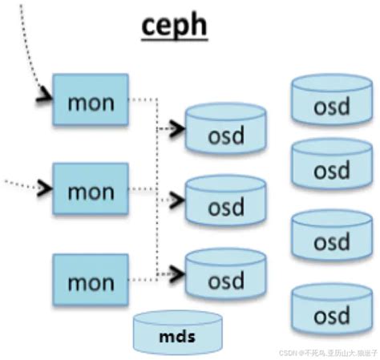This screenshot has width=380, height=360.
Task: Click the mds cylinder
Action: pos(176,330)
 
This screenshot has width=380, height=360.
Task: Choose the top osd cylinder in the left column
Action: pos(224,130)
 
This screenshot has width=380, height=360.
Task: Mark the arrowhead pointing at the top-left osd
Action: pos(179,127)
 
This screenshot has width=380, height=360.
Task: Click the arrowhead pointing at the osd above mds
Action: pos(179,273)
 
